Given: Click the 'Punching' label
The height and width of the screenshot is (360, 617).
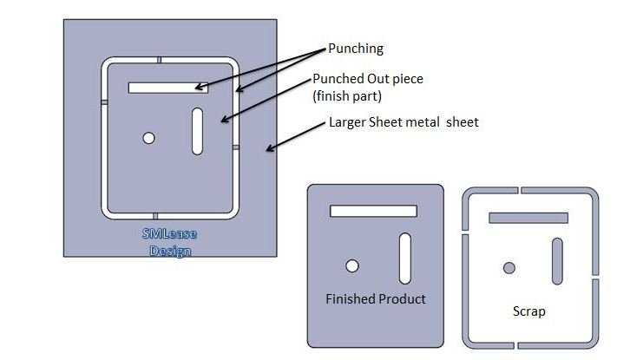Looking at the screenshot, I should (x=356, y=49).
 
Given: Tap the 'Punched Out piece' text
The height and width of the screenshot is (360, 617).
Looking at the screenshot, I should (x=367, y=79).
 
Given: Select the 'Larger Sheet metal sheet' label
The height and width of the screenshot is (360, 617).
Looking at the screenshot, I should (x=404, y=122).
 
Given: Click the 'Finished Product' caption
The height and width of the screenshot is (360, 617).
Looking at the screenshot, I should (x=376, y=299).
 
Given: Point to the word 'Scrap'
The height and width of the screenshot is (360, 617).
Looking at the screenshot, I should (x=528, y=311).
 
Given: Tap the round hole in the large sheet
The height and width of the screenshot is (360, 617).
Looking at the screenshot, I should (x=149, y=138).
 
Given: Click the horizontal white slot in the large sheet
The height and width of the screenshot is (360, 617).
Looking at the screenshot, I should (x=168, y=87).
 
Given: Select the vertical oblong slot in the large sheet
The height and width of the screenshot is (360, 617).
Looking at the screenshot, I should (x=198, y=132).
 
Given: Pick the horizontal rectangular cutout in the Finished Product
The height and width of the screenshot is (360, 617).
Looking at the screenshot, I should (x=373, y=211).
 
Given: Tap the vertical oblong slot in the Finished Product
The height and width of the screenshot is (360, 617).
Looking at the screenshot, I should (x=405, y=259).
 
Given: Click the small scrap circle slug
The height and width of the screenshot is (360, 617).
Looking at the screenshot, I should (x=509, y=267).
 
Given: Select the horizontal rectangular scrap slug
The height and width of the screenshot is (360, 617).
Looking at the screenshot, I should (x=528, y=218).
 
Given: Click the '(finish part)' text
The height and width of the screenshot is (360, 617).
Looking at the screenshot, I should (x=346, y=95).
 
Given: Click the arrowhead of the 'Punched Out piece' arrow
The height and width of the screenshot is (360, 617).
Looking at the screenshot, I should (x=224, y=121).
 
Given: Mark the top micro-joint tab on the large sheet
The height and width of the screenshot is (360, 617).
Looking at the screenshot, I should (x=160, y=60).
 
